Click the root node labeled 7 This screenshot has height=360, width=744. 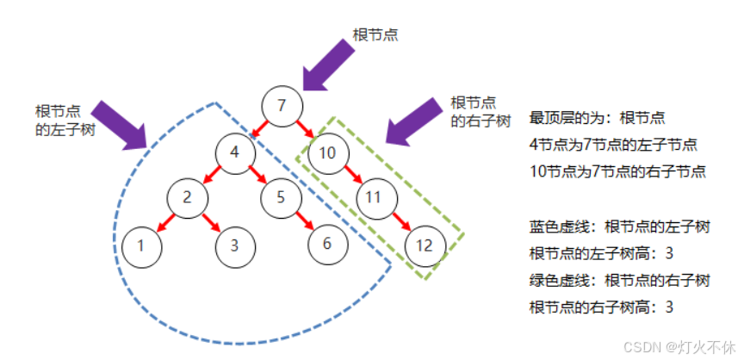(x=282, y=106)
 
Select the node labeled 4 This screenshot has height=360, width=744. (x=234, y=155)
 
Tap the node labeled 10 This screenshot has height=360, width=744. (x=327, y=154)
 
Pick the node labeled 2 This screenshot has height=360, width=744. (x=187, y=196)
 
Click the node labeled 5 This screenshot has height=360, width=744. (x=280, y=196)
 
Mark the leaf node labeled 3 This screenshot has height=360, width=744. (x=233, y=245)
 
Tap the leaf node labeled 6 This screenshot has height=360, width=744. (x=326, y=243)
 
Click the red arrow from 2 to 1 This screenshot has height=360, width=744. (x=164, y=221)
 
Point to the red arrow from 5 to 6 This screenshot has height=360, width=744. (x=304, y=220)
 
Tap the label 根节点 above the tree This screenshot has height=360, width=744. (x=375, y=34)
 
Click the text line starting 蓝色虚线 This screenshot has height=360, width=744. (x=619, y=227)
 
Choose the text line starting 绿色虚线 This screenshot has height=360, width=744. (x=619, y=280)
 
